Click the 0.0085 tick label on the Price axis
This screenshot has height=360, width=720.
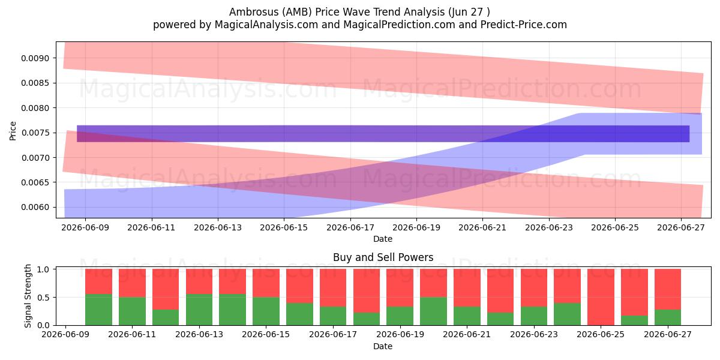coord(35,83)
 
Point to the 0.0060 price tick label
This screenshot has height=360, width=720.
coord(35,208)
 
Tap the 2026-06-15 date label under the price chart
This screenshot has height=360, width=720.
coord(284,227)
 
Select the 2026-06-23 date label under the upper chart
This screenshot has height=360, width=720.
coord(549,227)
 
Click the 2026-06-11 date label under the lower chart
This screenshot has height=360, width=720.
coord(132,334)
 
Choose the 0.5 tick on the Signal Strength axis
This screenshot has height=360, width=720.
coord(43,298)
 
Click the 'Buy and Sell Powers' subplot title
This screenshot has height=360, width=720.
coord(383,257)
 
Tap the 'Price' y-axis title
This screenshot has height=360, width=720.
coord(13,131)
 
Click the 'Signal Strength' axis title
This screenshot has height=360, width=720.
coord(28,296)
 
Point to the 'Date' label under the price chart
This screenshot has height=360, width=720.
coord(383,239)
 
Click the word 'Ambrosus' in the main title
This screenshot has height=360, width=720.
coord(254,12)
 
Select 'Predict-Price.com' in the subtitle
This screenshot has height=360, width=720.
coord(524,25)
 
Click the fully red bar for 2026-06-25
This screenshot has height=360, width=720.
coord(601,297)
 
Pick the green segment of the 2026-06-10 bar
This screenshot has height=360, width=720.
coord(98,310)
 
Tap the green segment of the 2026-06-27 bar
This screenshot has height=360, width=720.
coord(668,317)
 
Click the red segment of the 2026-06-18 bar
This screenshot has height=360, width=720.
coord(367,291)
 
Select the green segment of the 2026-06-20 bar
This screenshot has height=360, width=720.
coord(433,311)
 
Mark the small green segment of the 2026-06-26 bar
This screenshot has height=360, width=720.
coord(634,320)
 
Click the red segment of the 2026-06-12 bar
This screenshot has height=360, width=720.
coord(166,289)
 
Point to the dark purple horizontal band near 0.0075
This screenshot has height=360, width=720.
coord(383,134)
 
